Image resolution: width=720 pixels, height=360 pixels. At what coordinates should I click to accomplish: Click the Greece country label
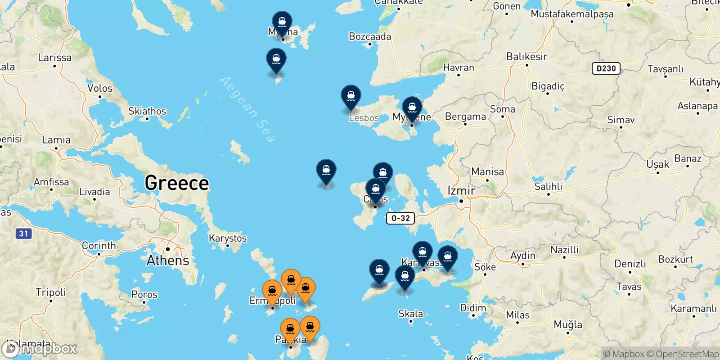[x=177, y=183]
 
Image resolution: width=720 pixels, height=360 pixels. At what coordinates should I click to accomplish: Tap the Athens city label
[x=168, y=261]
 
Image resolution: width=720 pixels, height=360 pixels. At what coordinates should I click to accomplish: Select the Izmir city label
[x=461, y=191]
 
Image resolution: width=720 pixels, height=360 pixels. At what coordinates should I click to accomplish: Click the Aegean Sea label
[x=247, y=110]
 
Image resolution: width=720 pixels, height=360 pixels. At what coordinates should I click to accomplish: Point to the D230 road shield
[x=606, y=68]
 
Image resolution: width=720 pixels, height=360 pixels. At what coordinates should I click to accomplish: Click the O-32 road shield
[x=400, y=218]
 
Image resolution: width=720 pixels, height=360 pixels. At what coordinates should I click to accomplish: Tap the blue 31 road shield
[x=23, y=234]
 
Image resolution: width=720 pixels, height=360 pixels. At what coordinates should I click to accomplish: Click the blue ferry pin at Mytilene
[x=412, y=108]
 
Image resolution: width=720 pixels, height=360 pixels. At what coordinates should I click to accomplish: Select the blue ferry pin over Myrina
[x=282, y=22]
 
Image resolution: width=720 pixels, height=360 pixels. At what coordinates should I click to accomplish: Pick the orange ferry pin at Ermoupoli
[x=272, y=291]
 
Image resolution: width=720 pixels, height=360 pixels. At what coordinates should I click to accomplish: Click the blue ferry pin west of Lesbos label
[x=351, y=96]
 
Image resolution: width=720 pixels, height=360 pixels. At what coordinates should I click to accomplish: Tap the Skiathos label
[x=147, y=111]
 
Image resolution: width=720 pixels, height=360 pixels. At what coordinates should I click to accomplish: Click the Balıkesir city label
[x=526, y=57]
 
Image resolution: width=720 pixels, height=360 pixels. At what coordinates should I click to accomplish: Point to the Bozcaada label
[x=370, y=36]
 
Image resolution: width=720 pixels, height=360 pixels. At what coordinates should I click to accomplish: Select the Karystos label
[x=228, y=238]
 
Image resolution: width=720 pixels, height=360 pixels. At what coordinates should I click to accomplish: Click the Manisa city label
[x=487, y=171]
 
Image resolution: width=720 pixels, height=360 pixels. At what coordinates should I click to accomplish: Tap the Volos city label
[x=100, y=88]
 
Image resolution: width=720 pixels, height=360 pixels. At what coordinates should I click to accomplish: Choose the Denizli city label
[x=630, y=264]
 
